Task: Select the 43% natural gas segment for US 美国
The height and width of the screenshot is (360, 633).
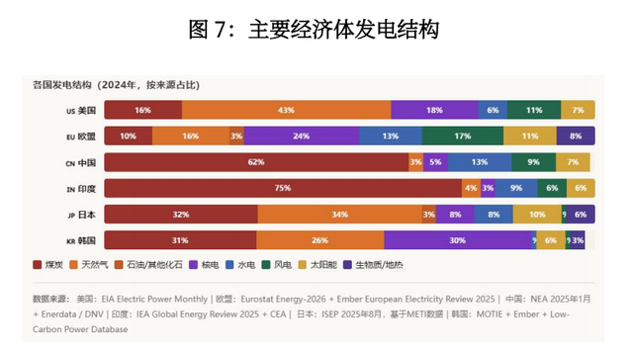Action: tap(286, 110)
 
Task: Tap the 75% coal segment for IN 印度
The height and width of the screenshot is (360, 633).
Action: tap(282, 187)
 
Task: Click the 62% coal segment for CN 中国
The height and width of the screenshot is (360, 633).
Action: tap(255, 161)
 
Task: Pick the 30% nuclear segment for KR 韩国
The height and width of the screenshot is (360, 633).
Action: tap(457, 239)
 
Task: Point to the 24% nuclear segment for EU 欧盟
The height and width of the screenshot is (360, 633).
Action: tap(302, 135)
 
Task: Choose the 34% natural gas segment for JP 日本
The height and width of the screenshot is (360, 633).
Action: tap(338, 214)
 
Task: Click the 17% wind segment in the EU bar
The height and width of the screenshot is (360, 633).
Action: tap(462, 135)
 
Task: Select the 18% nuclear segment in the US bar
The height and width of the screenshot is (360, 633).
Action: tap(434, 110)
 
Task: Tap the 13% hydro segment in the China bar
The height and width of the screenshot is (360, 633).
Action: tap(479, 161)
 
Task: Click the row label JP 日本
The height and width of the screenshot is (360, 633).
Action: tap(79, 214)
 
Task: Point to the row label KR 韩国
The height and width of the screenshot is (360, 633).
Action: tap(79, 239)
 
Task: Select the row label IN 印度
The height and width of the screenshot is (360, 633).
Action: tap(79, 187)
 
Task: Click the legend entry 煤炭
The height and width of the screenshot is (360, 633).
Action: tap(50, 265)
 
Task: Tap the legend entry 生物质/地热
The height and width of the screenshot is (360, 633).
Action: tap(375, 265)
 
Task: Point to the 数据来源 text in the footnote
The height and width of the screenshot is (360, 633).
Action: tap(52, 297)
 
